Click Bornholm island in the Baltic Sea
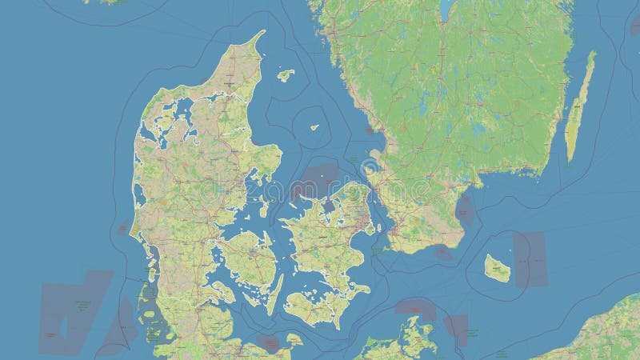[x=498, y=268]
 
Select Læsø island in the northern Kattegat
[x=285, y=75]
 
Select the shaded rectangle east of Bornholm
[x=530, y=259]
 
